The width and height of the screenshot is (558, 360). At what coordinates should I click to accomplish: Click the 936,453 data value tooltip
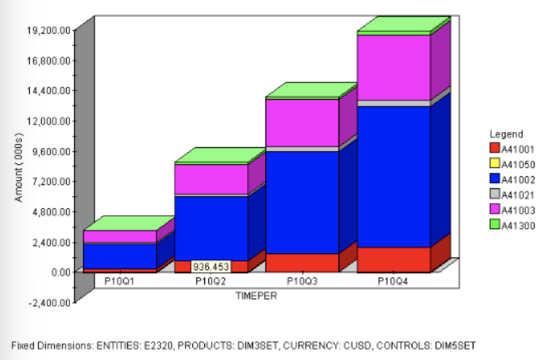210,267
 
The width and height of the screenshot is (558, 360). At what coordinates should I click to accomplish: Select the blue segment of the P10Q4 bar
393,175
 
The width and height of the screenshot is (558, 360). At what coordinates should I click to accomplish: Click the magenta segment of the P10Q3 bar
302,122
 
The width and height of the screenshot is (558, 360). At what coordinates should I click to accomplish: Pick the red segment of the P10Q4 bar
393,259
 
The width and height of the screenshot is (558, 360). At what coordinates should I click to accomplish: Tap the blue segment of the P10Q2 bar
211,227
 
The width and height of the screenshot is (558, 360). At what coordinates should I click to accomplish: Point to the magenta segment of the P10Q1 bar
120,236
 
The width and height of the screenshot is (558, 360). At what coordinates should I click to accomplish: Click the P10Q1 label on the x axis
120,281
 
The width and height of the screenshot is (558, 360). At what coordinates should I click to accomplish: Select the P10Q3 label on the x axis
303,281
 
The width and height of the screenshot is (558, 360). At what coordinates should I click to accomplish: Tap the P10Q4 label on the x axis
394,281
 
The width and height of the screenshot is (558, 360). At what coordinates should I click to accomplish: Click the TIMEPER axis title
257,295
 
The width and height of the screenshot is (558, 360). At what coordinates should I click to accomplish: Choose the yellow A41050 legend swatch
493,163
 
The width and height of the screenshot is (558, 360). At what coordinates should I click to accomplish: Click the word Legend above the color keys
506,134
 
